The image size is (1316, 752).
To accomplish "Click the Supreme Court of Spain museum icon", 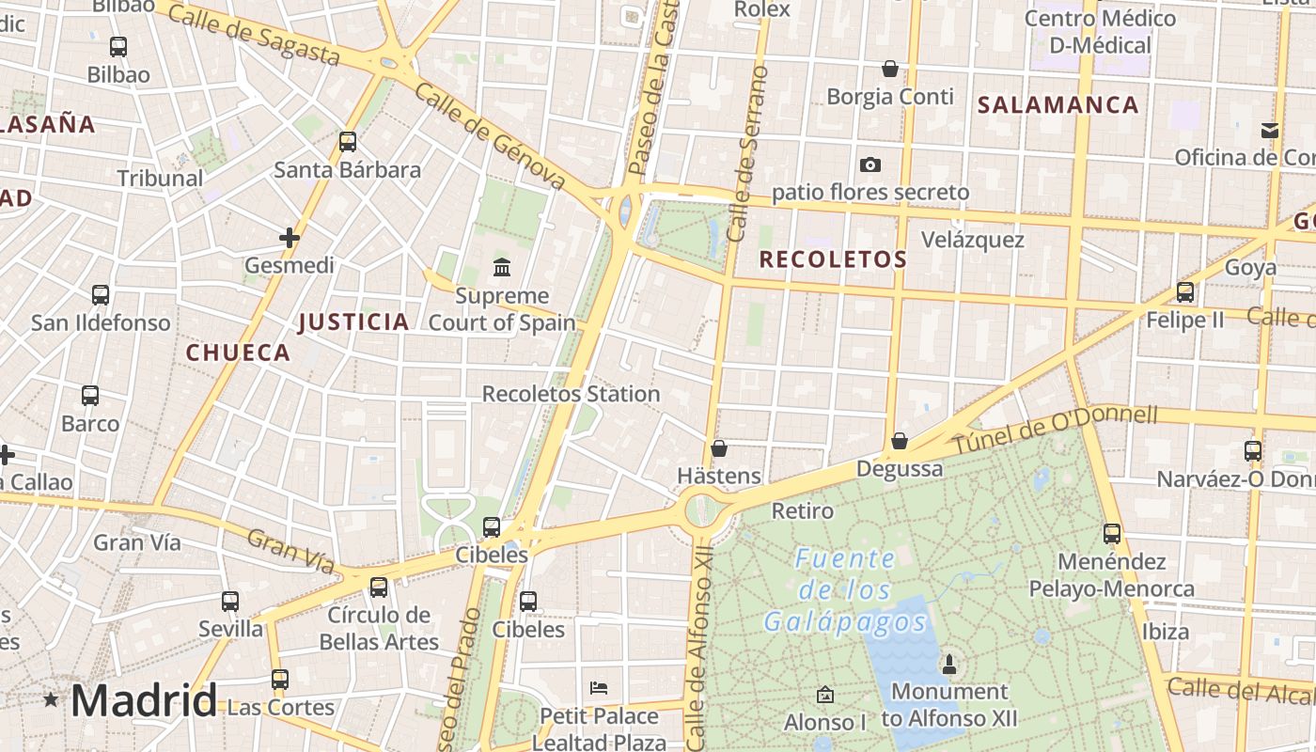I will coord(502,268).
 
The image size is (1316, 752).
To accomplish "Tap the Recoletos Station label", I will coord(571,394).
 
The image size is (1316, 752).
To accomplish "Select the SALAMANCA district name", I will coord(1057,104).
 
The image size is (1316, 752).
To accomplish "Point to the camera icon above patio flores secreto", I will coord(870,165).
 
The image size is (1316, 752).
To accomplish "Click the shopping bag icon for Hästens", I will coord(719,448).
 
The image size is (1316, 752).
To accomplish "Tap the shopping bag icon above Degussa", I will coord(900,441).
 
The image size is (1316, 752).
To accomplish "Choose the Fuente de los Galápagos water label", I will coord(844,590).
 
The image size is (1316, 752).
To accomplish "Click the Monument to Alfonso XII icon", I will coord(949,665).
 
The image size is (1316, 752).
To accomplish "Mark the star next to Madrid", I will coord(51,699).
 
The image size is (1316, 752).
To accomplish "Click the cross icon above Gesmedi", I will coord(290,238).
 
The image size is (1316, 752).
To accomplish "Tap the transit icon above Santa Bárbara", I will coord(348,142).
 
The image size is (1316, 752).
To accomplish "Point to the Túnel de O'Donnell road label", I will coord(1056,428).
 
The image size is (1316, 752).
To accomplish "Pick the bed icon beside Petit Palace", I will coord(599,688).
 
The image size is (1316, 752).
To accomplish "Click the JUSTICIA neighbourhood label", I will coord(353,322).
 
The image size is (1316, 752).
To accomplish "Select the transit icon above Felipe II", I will coord(1185,292).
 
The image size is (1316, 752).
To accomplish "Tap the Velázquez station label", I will coord(972,240).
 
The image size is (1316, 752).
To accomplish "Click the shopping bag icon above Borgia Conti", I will coord(889,69).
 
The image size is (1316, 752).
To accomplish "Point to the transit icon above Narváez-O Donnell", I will coord(1253,451).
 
